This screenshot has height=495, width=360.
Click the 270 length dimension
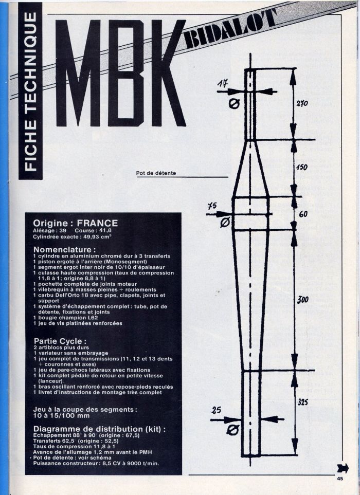click(302, 103)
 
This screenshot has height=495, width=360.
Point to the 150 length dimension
click(301, 167)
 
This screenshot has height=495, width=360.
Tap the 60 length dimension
click(303, 214)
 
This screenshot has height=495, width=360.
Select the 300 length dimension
click(302, 300)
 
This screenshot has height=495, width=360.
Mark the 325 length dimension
click(302, 402)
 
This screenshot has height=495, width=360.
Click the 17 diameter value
click(223, 84)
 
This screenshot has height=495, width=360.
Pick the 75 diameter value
click(212, 206)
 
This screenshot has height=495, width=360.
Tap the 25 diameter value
click(217, 410)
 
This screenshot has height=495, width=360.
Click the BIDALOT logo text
click(229, 29)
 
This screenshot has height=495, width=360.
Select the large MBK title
click(120, 73)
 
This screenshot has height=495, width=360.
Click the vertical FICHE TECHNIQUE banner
click(30, 91)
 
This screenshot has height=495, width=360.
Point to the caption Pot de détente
click(156, 173)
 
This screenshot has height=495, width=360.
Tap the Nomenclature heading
click(65, 250)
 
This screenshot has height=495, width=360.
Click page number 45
click(340, 479)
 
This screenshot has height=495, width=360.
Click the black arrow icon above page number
click(343, 468)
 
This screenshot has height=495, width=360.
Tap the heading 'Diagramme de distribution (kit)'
click(99, 429)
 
